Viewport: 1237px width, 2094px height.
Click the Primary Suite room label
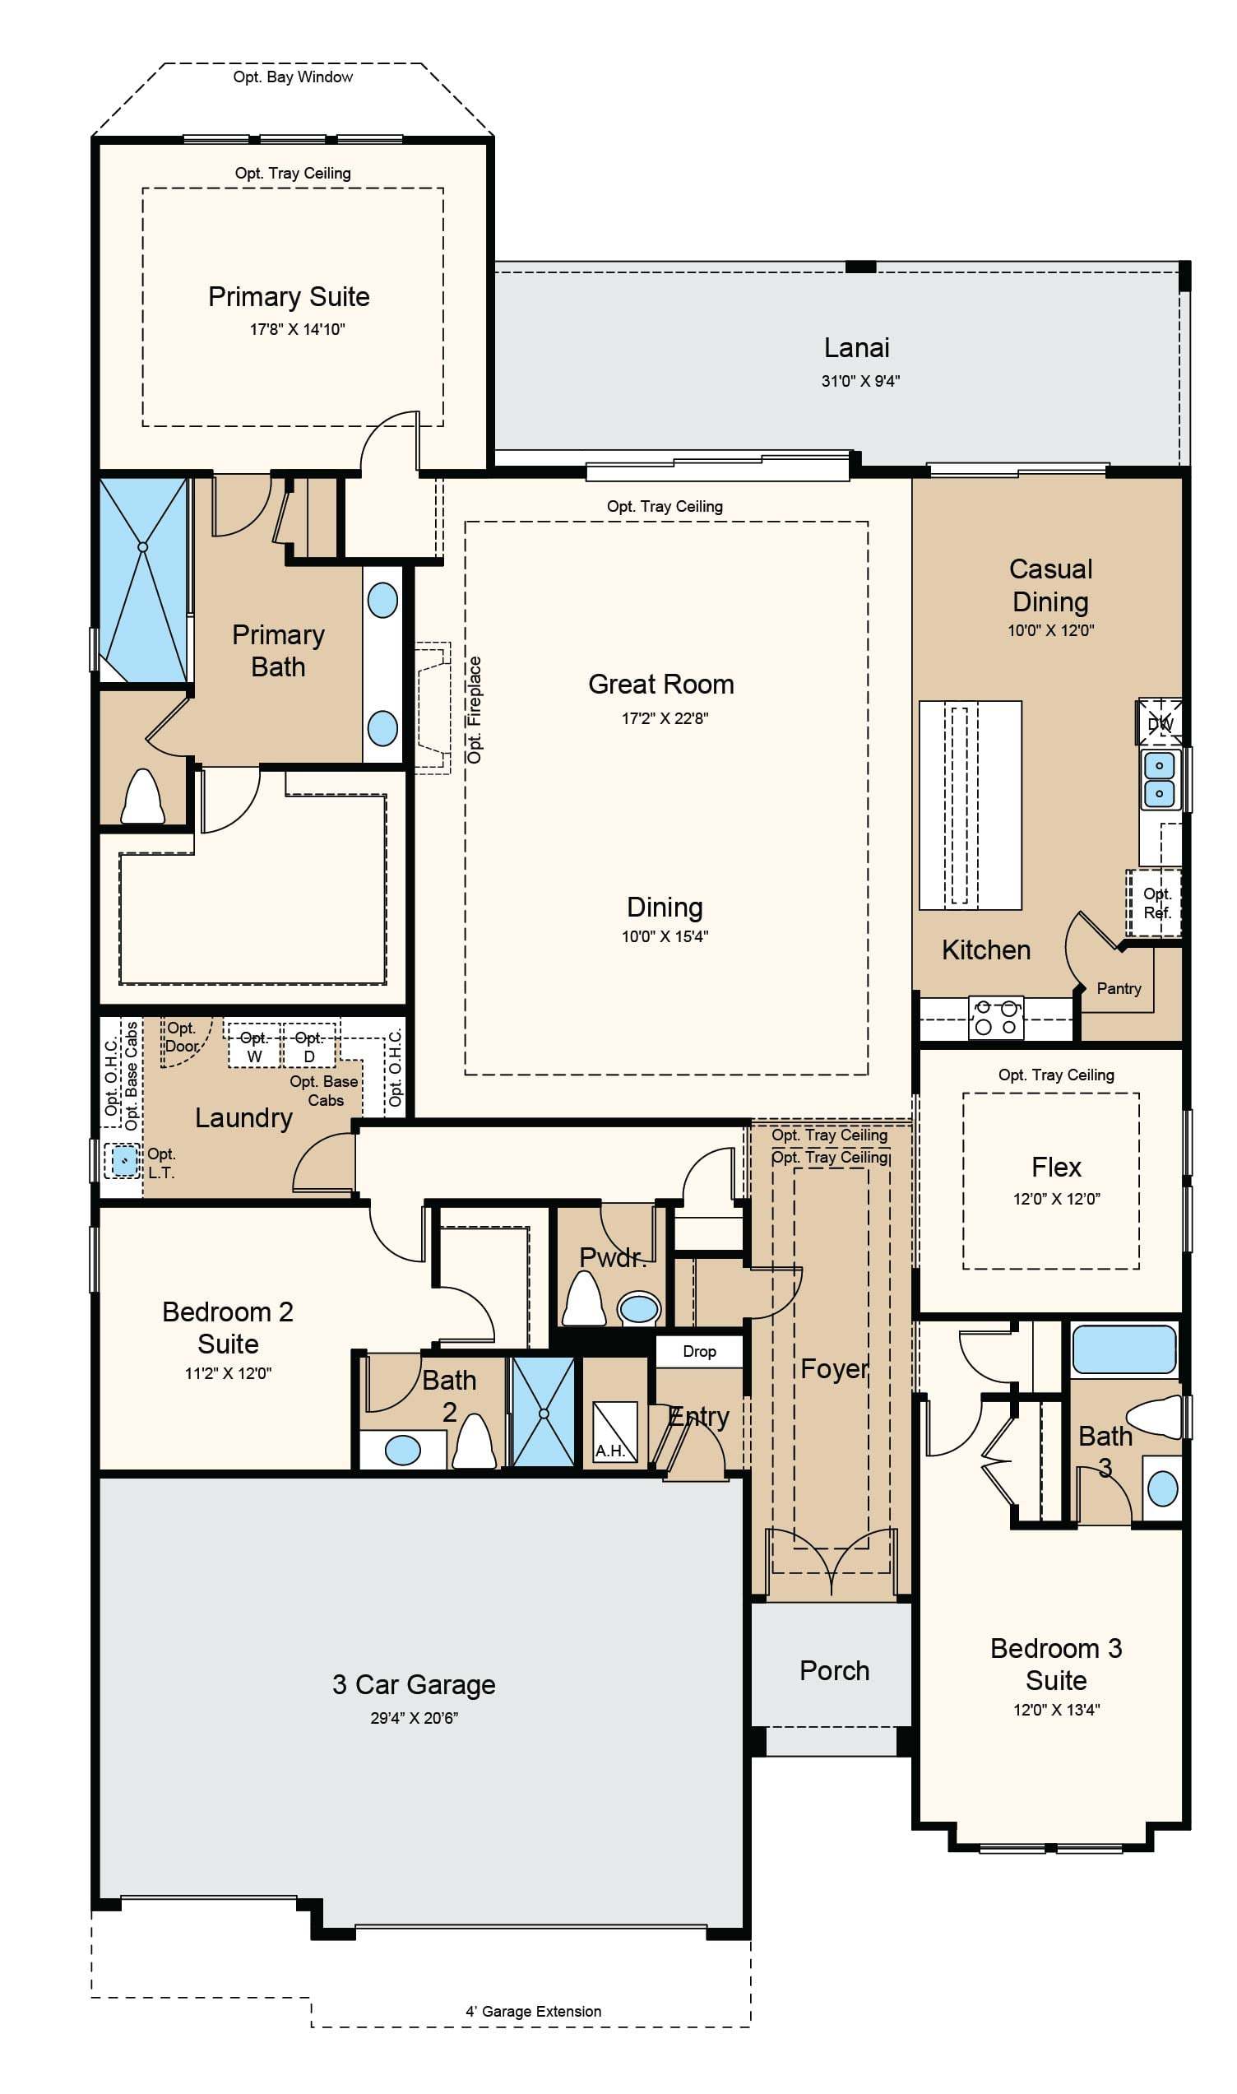click(x=289, y=297)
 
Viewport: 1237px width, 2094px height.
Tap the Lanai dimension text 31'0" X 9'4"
click(x=860, y=381)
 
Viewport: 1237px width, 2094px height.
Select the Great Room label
click(x=661, y=685)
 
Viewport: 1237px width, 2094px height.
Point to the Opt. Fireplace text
click(x=475, y=709)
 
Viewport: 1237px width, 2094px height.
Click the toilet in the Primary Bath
click(x=142, y=796)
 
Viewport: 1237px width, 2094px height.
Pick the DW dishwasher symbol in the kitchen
click(x=1160, y=722)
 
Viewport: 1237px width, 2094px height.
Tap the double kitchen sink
click(x=1160, y=778)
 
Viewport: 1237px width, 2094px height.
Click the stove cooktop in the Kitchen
click(x=996, y=1018)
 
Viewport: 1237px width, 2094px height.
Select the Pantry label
click(x=1119, y=989)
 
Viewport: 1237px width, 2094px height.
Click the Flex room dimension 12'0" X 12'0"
click(x=1056, y=1199)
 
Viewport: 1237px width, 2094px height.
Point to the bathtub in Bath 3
click(x=1124, y=1349)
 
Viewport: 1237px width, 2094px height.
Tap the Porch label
click(x=834, y=1670)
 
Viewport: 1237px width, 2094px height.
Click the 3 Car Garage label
click(x=414, y=1685)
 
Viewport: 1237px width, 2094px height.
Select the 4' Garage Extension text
click(x=534, y=2012)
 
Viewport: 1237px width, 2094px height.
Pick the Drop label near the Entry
click(x=699, y=1351)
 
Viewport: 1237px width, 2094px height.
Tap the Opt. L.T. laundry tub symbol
click(x=124, y=1161)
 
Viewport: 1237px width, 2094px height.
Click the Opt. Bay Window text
click(x=293, y=77)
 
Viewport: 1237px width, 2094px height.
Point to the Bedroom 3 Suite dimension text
click(x=1056, y=1710)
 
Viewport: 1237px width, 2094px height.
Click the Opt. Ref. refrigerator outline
click(x=1155, y=903)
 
